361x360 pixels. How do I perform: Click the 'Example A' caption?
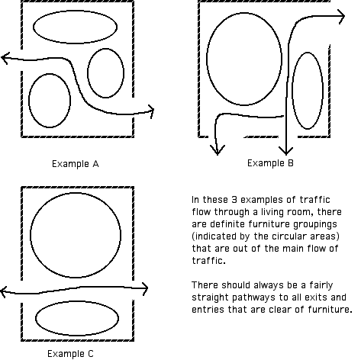pyautogui.click(x=76, y=164)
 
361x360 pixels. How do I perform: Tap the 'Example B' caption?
pyautogui.click(x=270, y=163)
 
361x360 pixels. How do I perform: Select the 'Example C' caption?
pyautogui.click(x=70, y=354)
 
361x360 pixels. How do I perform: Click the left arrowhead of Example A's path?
pyautogui.click(x=5, y=58)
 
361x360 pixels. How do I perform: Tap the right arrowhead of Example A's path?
pyautogui.click(x=151, y=111)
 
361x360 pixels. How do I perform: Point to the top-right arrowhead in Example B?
pyautogui.click(x=341, y=16)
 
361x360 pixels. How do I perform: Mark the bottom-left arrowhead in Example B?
pyautogui.click(x=218, y=150)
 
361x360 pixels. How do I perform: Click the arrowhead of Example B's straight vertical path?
pyautogui.click(x=286, y=151)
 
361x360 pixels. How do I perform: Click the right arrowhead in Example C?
pyautogui.click(x=145, y=288)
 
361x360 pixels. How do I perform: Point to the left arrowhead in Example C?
pyautogui.click(x=4, y=291)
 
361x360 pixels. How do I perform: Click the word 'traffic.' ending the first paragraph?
pyautogui.click(x=208, y=261)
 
